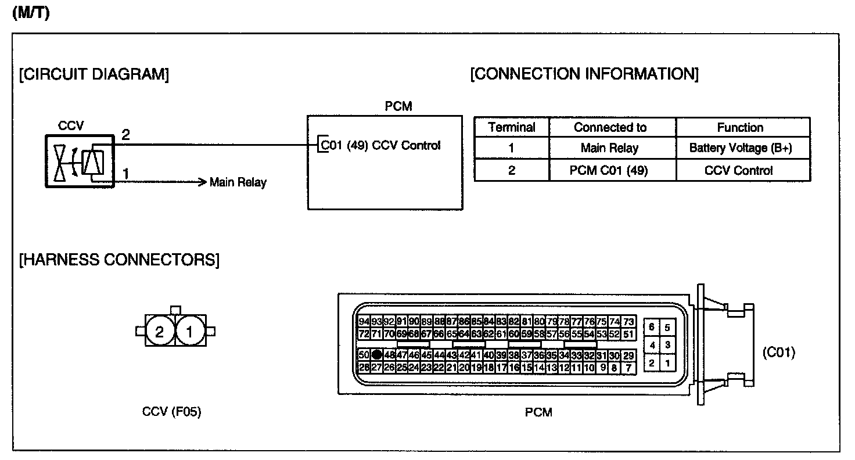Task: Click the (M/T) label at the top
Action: [30, 13]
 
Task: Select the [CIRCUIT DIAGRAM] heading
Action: [94, 75]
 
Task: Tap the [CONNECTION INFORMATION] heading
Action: [584, 74]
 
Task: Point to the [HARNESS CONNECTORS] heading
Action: [120, 260]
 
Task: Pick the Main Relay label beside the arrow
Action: [238, 182]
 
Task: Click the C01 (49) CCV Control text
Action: [381, 145]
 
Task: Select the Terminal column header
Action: [511, 127]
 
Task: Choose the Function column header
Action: [740, 127]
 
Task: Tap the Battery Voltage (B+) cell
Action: [740, 148]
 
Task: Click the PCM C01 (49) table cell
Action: [610, 171]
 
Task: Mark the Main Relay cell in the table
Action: [610, 148]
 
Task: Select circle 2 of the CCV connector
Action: [160, 332]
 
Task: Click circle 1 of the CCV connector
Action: [189, 332]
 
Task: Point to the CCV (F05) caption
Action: [172, 412]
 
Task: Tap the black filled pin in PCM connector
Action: [377, 354]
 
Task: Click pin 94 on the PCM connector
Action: [364, 321]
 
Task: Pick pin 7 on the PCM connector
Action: [628, 367]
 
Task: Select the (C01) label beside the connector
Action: [778, 352]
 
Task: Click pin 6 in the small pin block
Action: [652, 327]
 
